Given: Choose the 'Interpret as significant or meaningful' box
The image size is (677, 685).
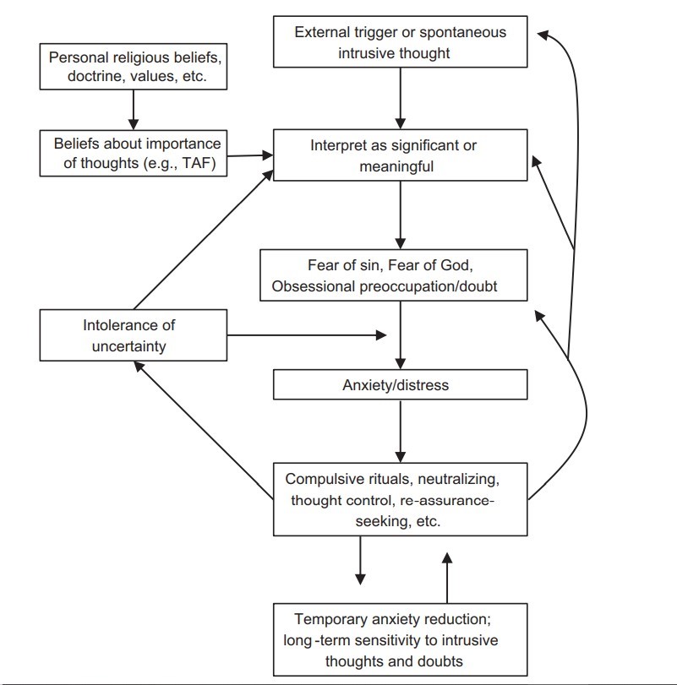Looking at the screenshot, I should [401, 156].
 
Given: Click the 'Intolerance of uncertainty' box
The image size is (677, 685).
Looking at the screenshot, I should [133, 334].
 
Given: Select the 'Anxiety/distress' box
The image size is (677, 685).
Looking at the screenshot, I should [401, 385].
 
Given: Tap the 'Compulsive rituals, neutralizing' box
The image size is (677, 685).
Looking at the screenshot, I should [401, 499].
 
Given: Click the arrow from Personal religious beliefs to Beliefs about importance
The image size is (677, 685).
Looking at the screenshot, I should [133, 110].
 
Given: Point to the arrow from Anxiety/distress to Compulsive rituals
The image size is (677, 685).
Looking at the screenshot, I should [401, 430].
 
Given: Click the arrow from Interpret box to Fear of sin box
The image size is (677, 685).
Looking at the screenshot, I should [401, 215].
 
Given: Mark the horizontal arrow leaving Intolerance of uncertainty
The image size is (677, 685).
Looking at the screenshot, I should [304, 335].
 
